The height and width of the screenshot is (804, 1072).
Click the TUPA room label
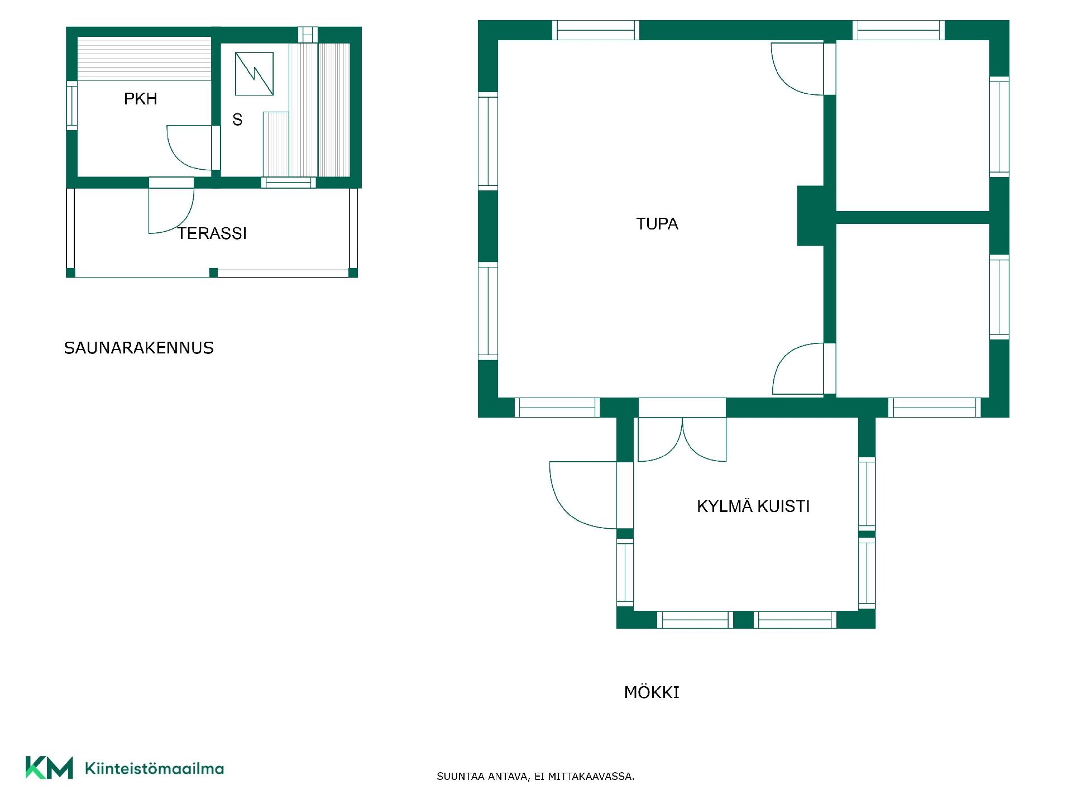[657, 224]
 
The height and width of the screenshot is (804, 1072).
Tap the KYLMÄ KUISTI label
[753, 506]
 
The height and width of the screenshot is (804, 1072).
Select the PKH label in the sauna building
[141, 99]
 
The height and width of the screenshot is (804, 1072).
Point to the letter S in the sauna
[237, 119]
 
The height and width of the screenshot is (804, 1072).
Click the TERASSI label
[212, 233]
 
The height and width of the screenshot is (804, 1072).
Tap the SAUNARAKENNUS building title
[139, 348]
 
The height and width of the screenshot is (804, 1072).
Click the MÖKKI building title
[652, 692]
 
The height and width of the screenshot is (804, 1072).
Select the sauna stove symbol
[254, 74]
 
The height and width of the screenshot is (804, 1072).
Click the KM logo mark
[49, 767]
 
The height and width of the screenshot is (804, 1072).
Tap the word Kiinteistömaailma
[154, 768]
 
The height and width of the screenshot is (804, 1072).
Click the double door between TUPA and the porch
[682, 439]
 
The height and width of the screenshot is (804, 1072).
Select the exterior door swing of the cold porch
[583, 495]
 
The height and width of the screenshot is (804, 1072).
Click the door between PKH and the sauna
[189, 147]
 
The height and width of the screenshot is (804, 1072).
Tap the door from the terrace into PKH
[171, 210]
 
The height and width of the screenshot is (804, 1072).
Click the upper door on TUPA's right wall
[797, 69]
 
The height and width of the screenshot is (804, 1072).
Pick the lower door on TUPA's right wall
[798, 369]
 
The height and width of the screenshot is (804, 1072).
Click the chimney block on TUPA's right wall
[811, 216]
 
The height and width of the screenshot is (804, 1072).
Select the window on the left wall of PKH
[71, 106]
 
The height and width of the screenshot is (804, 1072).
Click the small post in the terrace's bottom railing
[213, 272]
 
